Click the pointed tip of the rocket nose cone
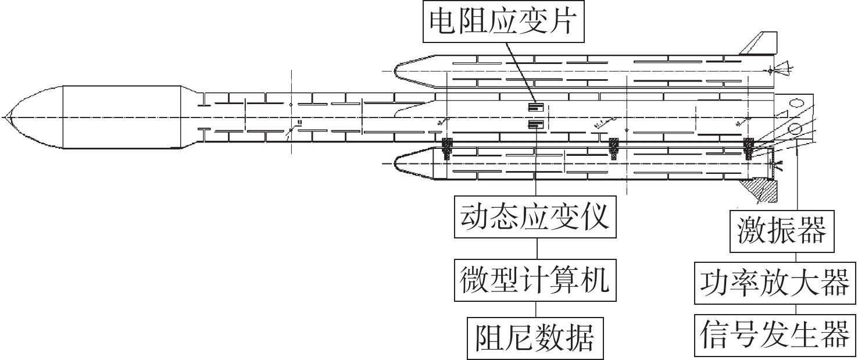tap(3, 117)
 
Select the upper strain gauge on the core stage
tap(535, 107)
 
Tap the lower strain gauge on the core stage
tap(535, 124)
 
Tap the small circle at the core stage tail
tap(796, 128)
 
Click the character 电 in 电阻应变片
tap(441, 22)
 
